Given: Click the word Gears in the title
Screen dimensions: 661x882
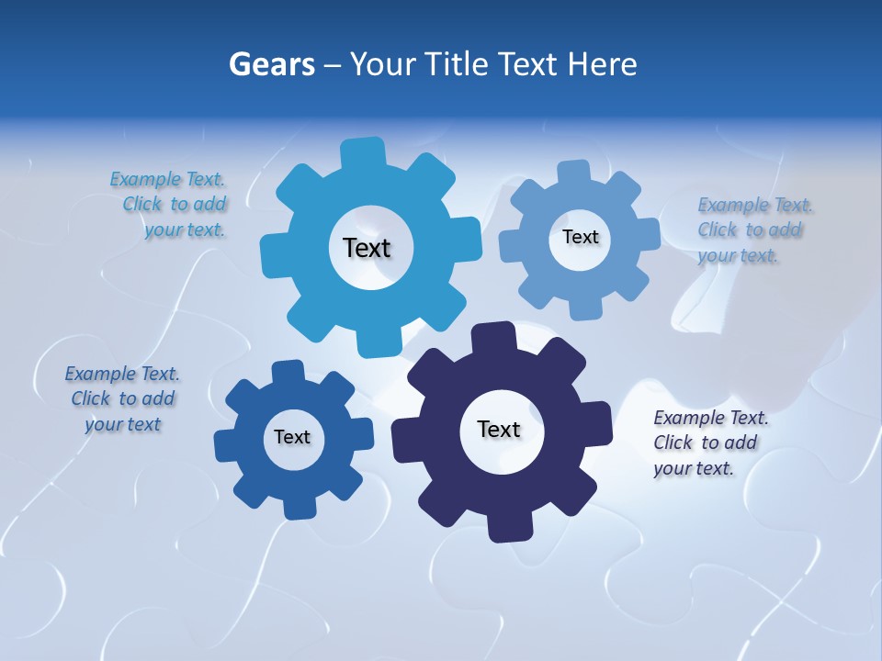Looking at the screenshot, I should pyautogui.click(x=271, y=64).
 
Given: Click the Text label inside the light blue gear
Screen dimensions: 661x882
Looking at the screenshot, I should pyautogui.click(x=367, y=248).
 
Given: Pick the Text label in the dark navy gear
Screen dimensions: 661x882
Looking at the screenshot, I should pyautogui.click(x=499, y=430).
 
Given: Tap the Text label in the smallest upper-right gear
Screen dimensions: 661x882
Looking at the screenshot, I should pyautogui.click(x=580, y=237).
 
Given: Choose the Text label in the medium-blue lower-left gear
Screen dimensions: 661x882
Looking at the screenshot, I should pyautogui.click(x=292, y=437).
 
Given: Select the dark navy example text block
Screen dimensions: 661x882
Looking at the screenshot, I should pyautogui.click(x=710, y=443).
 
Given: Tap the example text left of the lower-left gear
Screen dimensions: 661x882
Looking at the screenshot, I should pyautogui.click(x=122, y=398).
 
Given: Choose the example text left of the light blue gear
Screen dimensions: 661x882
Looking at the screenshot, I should pyautogui.click(x=169, y=204).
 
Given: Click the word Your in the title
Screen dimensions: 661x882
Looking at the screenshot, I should pyautogui.click(x=386, y=64).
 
